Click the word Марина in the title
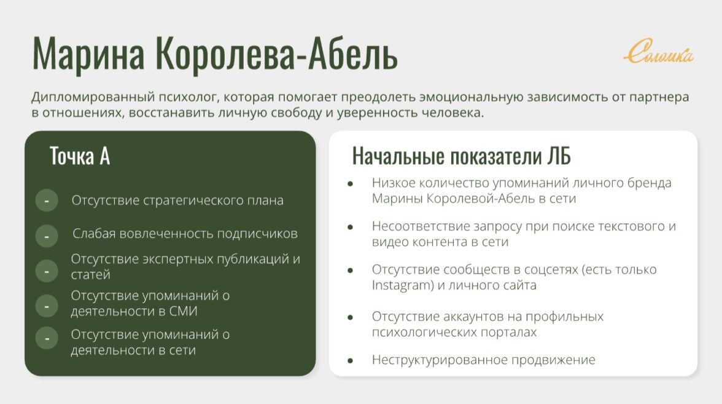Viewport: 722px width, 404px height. [x=88, y=54]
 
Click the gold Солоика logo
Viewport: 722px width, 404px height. [x=658, y=51]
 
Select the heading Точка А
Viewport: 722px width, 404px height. [x=80, y=156]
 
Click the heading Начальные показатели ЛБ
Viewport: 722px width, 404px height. [x=462, y=156]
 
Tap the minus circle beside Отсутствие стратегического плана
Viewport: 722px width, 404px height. [x=47, y=200]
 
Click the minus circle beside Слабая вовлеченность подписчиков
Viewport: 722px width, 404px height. [x=47, y=236]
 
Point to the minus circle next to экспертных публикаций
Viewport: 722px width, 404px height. [x=47, y=271]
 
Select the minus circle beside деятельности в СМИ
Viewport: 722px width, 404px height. [x=47, y=306]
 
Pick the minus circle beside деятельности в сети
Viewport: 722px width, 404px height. [x=47, y=338]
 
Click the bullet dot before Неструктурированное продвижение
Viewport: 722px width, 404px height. [x=351, y=360]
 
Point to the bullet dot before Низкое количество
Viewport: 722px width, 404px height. [x=351, y=184]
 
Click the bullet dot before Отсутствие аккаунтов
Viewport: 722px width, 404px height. [x=351, y=317]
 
